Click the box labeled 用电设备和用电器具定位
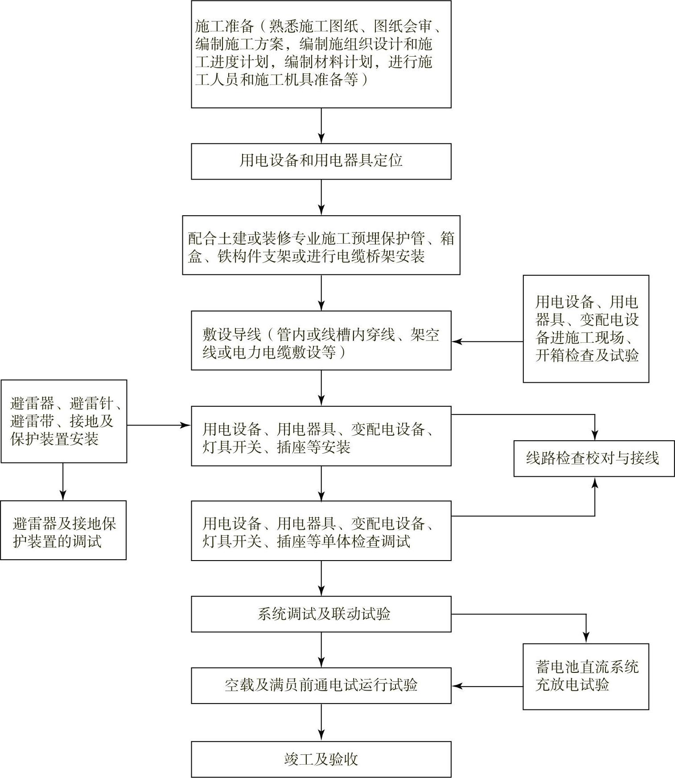click(321, 161)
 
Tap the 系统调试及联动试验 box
click(321, 614)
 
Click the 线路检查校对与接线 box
click(594, 459)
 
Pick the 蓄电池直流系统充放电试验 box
click(585, 676)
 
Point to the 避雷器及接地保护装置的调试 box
click(63, 530)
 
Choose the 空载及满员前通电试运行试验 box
click(321, 685)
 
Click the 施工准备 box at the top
click(321, 54)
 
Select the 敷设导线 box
click(321, 340)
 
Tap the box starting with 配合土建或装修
click(321, 245)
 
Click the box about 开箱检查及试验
click(586, 329)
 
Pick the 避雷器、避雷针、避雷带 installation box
click(64, 421)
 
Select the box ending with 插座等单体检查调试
click(321, 531)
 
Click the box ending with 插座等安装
click(321, 436)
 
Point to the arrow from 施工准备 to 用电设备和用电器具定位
click(321, 126)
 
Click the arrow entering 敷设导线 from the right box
click(487, 342)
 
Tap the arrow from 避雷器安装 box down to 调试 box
click(63, 481)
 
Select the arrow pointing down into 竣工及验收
click(321, 722)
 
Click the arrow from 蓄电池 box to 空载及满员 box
click(487, 686)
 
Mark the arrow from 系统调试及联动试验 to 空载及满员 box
click(321, 650)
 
